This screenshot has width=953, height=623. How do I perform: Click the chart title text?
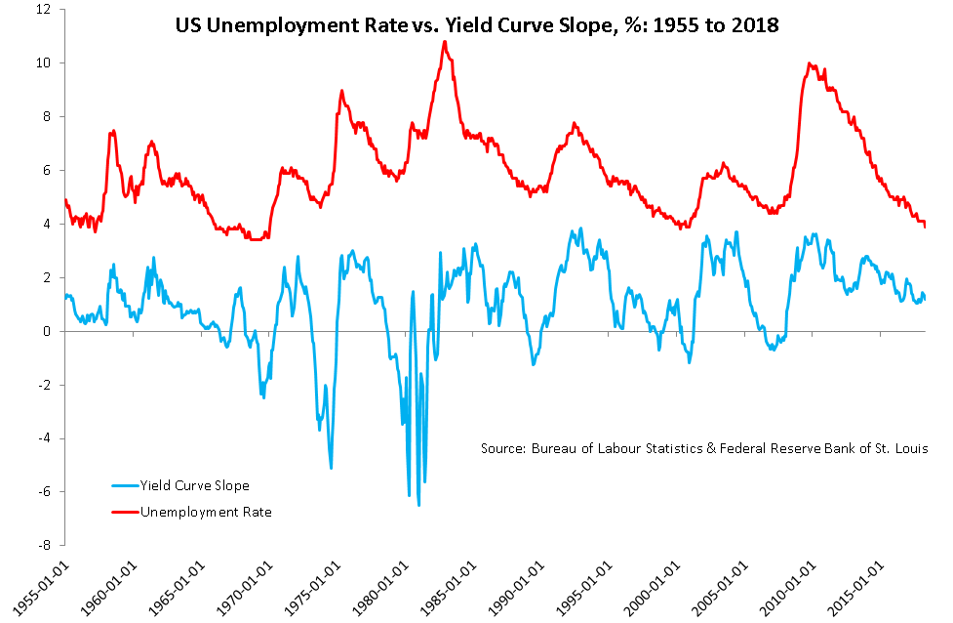pos(477,26)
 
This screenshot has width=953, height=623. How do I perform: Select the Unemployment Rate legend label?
pos(206,511)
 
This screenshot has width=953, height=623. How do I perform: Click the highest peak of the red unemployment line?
pos(445,41)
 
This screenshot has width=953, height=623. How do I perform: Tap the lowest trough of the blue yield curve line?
pos(418,505)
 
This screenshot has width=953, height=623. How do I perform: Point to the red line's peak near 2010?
pos(810,63)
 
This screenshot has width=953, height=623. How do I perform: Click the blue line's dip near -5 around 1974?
pos(332,468)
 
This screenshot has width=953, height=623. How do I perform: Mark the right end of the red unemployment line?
pos(925,226)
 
